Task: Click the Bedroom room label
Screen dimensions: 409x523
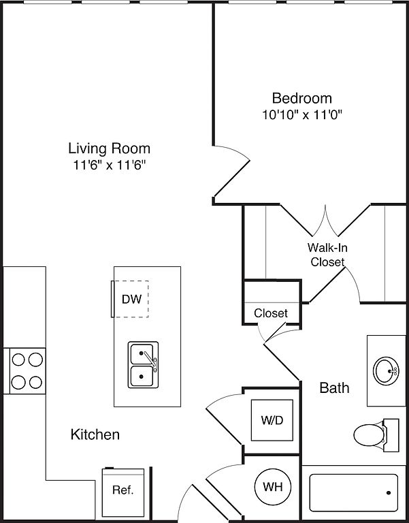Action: (x=302, y=98)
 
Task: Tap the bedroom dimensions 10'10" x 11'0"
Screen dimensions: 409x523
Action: (x=302, y=114)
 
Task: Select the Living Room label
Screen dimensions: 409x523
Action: (x=109, y=148)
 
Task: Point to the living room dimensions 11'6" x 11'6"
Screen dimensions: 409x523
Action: (x=109, y=164)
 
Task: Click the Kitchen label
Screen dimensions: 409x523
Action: (x=95, y=434)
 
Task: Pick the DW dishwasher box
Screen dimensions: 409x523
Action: (x=131, y=298)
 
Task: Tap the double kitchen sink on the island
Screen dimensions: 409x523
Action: (x=142, y=365)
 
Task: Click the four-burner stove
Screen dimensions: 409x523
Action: (x=27, y=370)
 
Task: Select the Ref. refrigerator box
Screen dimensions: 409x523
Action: (x=122, y=490)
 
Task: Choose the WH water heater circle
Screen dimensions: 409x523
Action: (x=272, y=488)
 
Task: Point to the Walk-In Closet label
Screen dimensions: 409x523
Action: (x=327, y=255)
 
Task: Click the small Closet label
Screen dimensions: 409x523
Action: (x=271, y=313)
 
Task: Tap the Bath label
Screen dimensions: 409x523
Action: (x=335, y=388)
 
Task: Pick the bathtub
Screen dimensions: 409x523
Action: (x=353, y=492)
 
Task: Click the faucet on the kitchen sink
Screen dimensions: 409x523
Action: (x=152, y=360)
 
